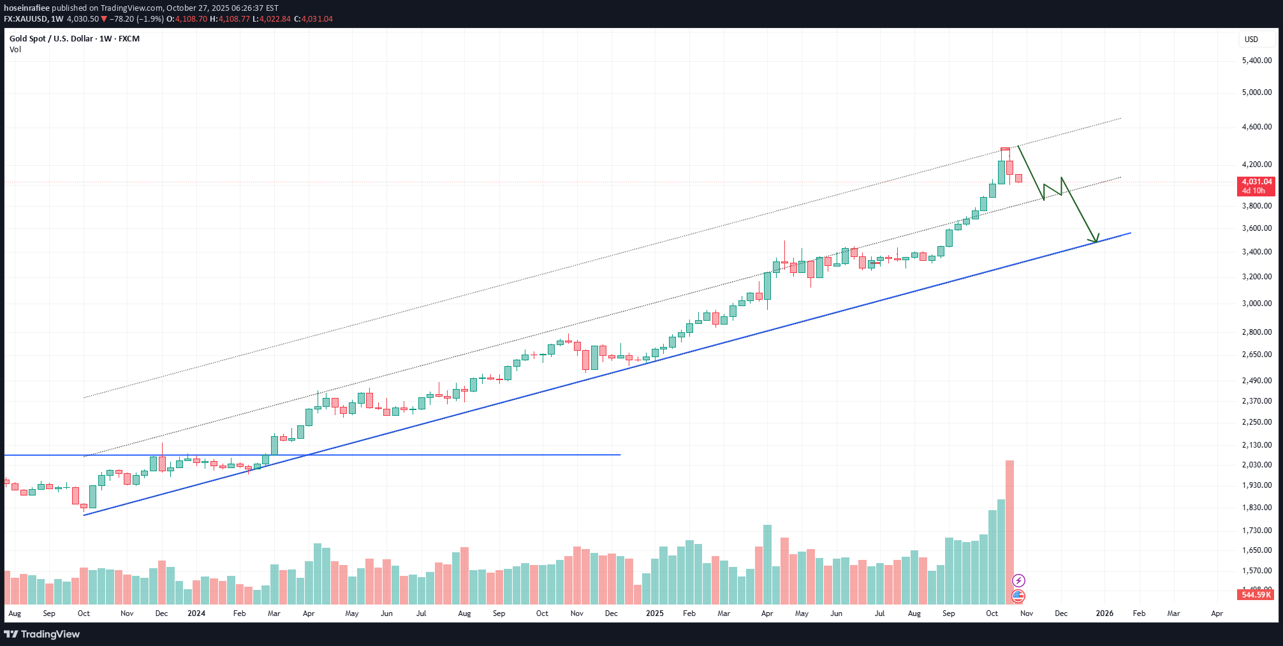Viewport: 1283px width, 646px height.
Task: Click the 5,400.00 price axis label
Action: tap(1256, 61)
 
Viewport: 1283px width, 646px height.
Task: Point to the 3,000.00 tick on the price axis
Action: tap(1256, 304)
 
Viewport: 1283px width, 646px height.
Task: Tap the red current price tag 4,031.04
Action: tap(1256, 186)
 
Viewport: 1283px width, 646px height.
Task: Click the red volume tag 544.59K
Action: tap(1256, 594)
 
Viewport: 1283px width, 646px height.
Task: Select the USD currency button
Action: tap(1251, 40)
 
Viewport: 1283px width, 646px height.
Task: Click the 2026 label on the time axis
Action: tap(1104, 613)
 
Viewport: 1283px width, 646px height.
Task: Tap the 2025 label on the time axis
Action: tap(654, 613)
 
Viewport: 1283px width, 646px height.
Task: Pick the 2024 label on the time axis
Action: tap(196, 613)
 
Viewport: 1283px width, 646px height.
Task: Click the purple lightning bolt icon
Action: tap(1018, 580)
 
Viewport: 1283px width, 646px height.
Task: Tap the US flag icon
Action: tap(1018, 596)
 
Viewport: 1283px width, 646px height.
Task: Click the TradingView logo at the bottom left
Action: tap(42, 634)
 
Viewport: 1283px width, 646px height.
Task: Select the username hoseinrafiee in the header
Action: tap(27, 8)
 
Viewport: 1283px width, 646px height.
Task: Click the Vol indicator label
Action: tap(15, 50)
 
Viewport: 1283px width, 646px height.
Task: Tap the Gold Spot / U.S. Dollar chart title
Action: tap(74, 39)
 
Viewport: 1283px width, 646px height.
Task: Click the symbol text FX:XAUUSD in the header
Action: tap(25, 19)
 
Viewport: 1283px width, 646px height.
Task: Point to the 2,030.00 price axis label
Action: tap(1256, 465)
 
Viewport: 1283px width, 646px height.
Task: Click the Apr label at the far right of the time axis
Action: tap(1217, 613)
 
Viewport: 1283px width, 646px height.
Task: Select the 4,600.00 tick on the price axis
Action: tap(1256, 127)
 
